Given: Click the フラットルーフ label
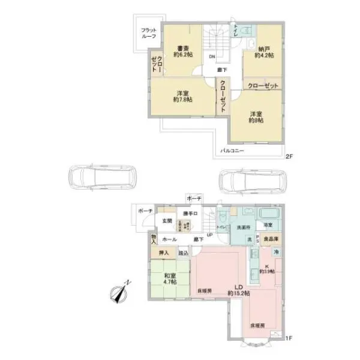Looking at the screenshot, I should click(149, 33).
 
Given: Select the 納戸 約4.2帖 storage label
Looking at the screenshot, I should click(264, 52).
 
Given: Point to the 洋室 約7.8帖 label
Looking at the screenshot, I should click(183, 96).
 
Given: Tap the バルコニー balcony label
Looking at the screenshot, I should click(232, 150).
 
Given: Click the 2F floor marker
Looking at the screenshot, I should click(288, 157).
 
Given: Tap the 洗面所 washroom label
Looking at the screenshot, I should click(243, 227).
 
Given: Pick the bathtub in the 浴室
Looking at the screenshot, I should click(268, 214).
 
